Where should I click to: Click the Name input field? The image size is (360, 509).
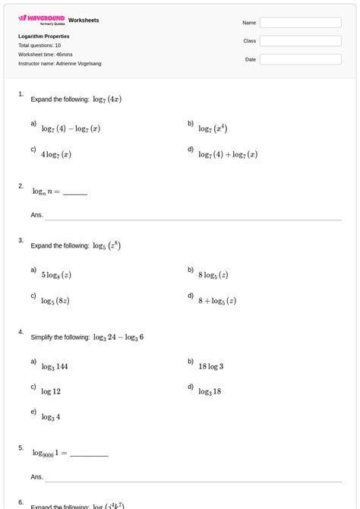[x=300, y=23]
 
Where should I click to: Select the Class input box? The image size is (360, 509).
[x=300, y=41]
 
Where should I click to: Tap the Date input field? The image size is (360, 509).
[x=300, y=59]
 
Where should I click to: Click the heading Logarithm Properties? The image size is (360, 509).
[x=44, y=36]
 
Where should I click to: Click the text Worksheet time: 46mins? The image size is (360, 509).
[x=45, y=54]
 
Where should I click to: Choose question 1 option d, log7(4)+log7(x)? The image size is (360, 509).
[x=228, y=154]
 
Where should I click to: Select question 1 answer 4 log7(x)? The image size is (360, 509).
[x=56, y=154]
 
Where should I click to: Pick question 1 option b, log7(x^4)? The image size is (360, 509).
[x=213, y=128]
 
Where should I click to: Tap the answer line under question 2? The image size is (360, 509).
[x=182, y=219]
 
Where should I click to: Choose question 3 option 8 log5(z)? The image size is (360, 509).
[x=213, y=275]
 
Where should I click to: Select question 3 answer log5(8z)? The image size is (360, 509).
[x=55, y=301]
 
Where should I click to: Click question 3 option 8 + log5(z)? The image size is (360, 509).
[x=217, y=301]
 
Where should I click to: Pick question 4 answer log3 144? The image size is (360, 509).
[x=55, y=366]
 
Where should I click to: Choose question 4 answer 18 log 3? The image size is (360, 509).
[x=211, y=366]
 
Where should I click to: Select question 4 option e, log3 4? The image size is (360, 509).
[x=51, y=416]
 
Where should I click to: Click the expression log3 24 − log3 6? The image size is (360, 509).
[x=118, y=337]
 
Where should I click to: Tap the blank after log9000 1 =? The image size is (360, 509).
[x=89, y=455]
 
